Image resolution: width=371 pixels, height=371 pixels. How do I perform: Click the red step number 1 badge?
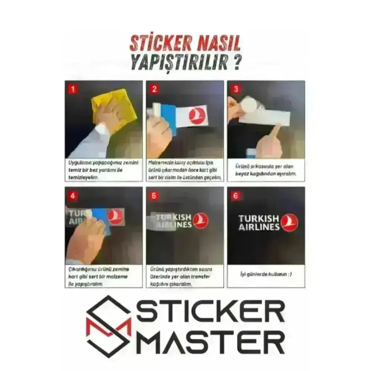pyautogui.click(x=73, y=89)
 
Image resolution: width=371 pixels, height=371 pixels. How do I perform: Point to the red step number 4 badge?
pyautogui.click(x=73, y=196)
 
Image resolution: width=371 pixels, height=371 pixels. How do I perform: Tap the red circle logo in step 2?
pyautogui.click(x=197, y=115)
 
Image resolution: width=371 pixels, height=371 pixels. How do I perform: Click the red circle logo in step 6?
pyautogui.click(x=289, y=223)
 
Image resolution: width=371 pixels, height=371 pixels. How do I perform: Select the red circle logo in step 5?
pyautogui.click(x=201, y=221)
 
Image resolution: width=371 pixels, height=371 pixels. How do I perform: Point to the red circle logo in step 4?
pyautogui.click(x=115, y=217)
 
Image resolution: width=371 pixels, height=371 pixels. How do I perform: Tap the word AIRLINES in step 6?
pyautogui.click(x=259, y=227)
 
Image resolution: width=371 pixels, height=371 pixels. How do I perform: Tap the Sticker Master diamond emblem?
pyautogui.click(x=109, y=326)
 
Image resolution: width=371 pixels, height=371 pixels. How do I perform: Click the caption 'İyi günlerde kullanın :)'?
pyautogui.click(x=266, y=275)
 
